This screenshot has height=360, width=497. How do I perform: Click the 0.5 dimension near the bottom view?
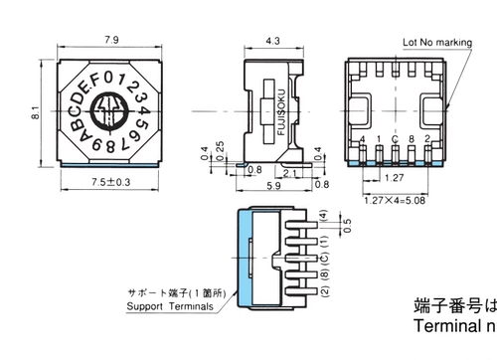coord(345,223)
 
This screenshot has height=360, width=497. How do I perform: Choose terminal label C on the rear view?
coord(396,138)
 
